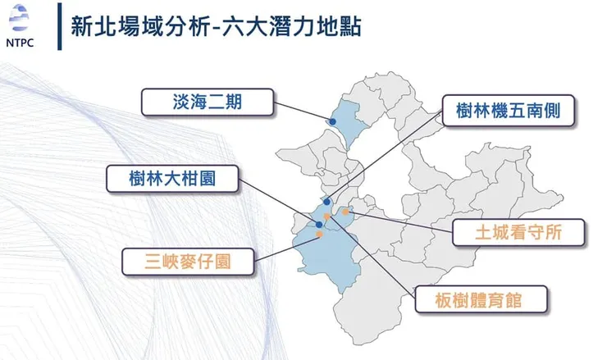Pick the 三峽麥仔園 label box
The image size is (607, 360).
click(x=188, y=262)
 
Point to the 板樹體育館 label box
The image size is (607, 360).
click(x=480, y=299)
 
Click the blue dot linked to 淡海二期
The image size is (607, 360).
click(x=333, y=121)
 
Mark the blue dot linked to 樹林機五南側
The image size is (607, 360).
click(x=326, y=201)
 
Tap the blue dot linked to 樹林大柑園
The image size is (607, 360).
click(x=318, y=224)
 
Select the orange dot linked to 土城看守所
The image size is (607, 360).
click(x=345, y=212)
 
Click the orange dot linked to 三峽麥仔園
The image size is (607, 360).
click(x=319, y=235)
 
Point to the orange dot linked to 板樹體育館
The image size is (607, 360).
click(x=326, y=216)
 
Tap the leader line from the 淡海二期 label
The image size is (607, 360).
click(x=303, y=112)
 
